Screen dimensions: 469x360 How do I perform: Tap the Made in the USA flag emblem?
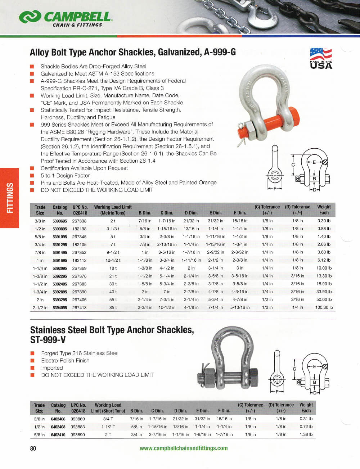point(321,58)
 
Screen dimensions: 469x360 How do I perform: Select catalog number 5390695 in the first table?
point(60,221)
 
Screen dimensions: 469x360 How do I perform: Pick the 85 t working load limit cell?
point(113,308)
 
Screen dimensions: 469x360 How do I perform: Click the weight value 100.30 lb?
point(324,308)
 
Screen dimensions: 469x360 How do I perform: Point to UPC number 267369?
point(79,268)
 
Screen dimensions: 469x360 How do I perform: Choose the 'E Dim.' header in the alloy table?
point(215,213)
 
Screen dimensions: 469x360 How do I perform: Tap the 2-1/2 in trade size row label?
point(40,308)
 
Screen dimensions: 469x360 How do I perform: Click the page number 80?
point(33,448)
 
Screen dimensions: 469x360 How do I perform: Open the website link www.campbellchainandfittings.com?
point(184,448)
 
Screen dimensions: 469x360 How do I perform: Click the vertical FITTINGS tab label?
point(10,198)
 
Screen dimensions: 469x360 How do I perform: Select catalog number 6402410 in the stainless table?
point(58,435)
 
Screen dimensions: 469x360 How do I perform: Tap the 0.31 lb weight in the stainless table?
point(306,419)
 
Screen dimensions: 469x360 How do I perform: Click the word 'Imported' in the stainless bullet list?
point(52,368)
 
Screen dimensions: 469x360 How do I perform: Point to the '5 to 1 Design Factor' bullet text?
point(65,176)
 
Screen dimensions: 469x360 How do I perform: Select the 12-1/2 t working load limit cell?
point(113,260)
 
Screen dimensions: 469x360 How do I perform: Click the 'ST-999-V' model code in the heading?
point(48,340)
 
